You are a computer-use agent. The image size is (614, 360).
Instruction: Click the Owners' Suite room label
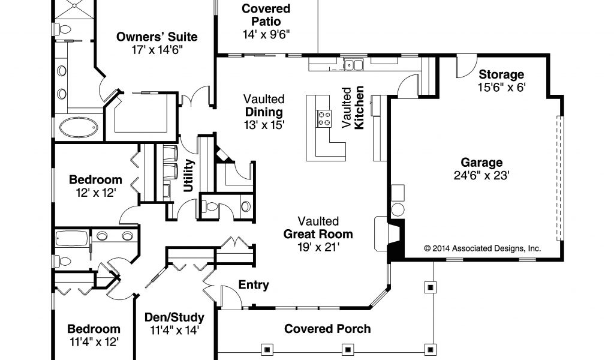[x=156, y=37]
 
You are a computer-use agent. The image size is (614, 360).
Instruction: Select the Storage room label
[x=501, y=75]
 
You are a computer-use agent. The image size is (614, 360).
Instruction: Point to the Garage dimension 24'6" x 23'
[x=481, y=175]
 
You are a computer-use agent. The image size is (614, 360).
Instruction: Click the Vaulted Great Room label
[x=318, y=228]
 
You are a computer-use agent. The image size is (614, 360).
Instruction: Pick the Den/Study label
[x=174, y=317]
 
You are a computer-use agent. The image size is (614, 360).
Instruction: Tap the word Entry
[x=254, y=285]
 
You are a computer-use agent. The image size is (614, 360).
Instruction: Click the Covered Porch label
[x=327, y=329]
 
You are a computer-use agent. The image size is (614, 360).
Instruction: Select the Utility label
[x=189, y=175]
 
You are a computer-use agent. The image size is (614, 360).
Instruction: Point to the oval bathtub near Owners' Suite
[x=78, y=127]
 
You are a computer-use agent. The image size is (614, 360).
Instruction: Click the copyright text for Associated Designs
[x=482, y=248]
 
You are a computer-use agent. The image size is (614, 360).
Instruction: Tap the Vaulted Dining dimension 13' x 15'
[x=264, y=125]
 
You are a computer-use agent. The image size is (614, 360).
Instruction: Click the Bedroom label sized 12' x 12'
[x=95, y=179]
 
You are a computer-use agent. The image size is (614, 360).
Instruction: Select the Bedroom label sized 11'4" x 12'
[x=93, y=329]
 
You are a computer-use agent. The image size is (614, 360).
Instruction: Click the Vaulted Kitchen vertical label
[x=353, y=108]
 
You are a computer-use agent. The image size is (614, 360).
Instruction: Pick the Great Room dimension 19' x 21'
[x=318, y=246]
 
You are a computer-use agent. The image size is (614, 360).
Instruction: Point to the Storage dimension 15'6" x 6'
[x=501, y=88]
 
